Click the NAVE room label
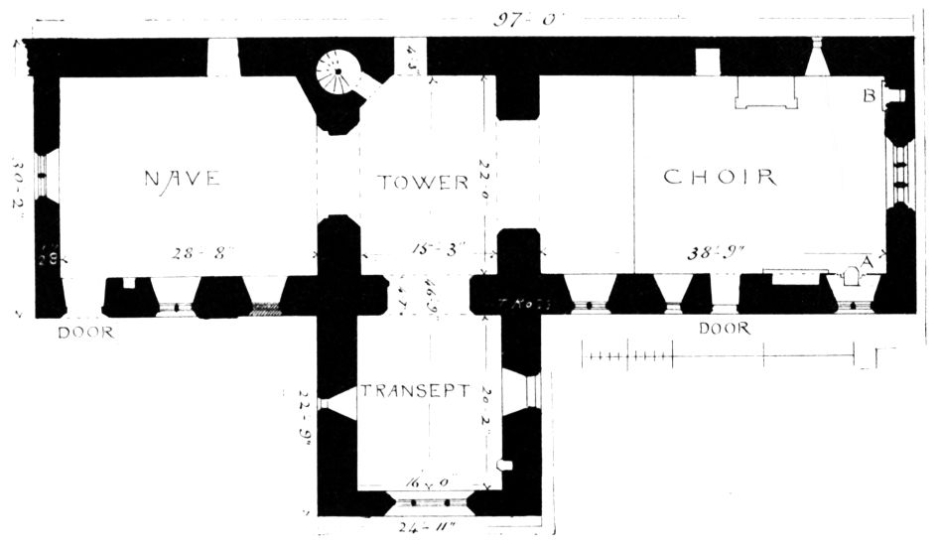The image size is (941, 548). pos(181,179)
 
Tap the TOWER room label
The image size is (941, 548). pos(423,183)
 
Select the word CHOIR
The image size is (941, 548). pos(719,178)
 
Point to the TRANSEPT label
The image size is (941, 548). pos(414,390)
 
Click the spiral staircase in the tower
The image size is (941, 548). pos(338,73)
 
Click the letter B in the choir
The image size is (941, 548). pos(868,96)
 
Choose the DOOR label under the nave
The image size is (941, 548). pos(85,333)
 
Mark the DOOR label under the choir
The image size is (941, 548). pos(724,329)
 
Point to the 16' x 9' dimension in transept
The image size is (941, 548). pos(430,483)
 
